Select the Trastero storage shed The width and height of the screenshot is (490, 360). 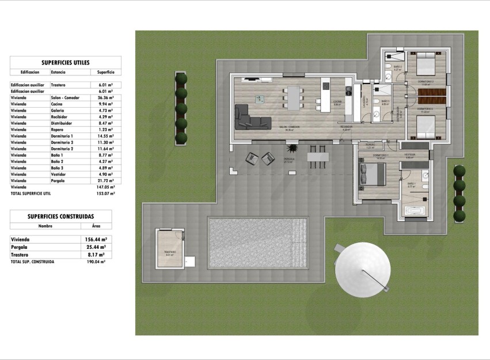pos(170,247)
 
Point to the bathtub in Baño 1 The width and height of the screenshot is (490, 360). pos(416,211)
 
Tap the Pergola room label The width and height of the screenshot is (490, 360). pos(290,160)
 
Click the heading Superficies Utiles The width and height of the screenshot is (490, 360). pos(66,63)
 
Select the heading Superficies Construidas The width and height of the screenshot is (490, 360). pos(60,216)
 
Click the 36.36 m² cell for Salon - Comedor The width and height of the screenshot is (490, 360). pos(105,98)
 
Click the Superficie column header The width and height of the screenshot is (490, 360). pos(105,73)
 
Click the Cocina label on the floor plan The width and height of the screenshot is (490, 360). pos(337,103)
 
